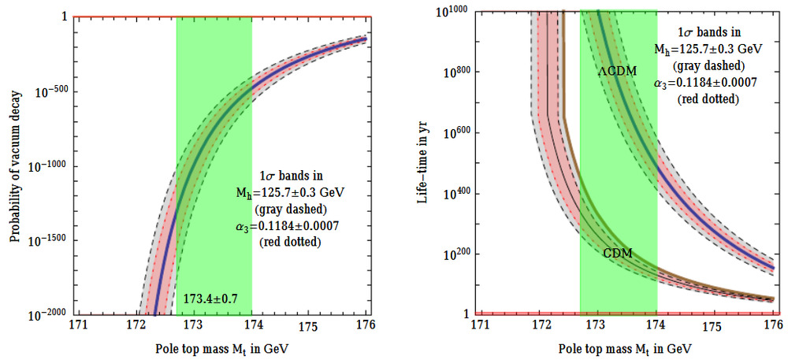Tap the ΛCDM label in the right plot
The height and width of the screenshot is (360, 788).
tap(617, 70)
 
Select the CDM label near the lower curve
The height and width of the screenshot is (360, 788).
tap(619, 254)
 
